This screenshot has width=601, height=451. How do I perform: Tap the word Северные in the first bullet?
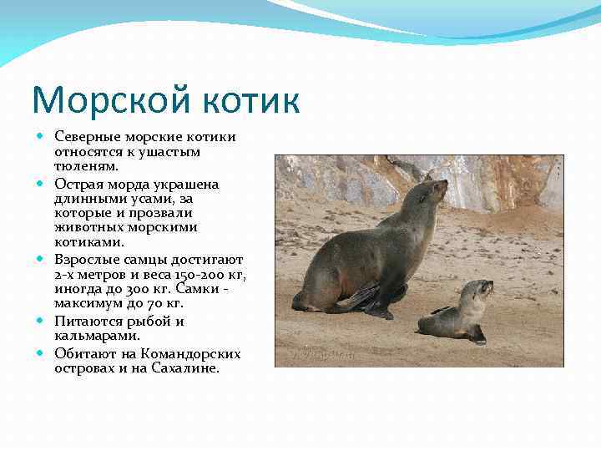pos(87,136)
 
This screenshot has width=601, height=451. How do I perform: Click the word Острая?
pos(79,182)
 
